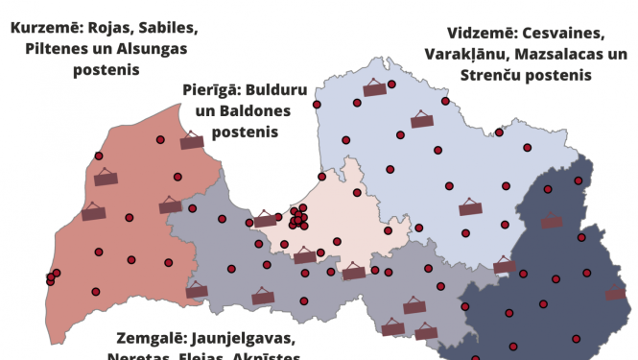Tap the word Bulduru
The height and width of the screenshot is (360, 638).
coord(276,93)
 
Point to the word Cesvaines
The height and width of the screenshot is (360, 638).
coord(564,32)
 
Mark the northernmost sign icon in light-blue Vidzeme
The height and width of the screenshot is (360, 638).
coord(375,89)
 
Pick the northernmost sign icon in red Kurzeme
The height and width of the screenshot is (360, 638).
coord(192,142)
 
